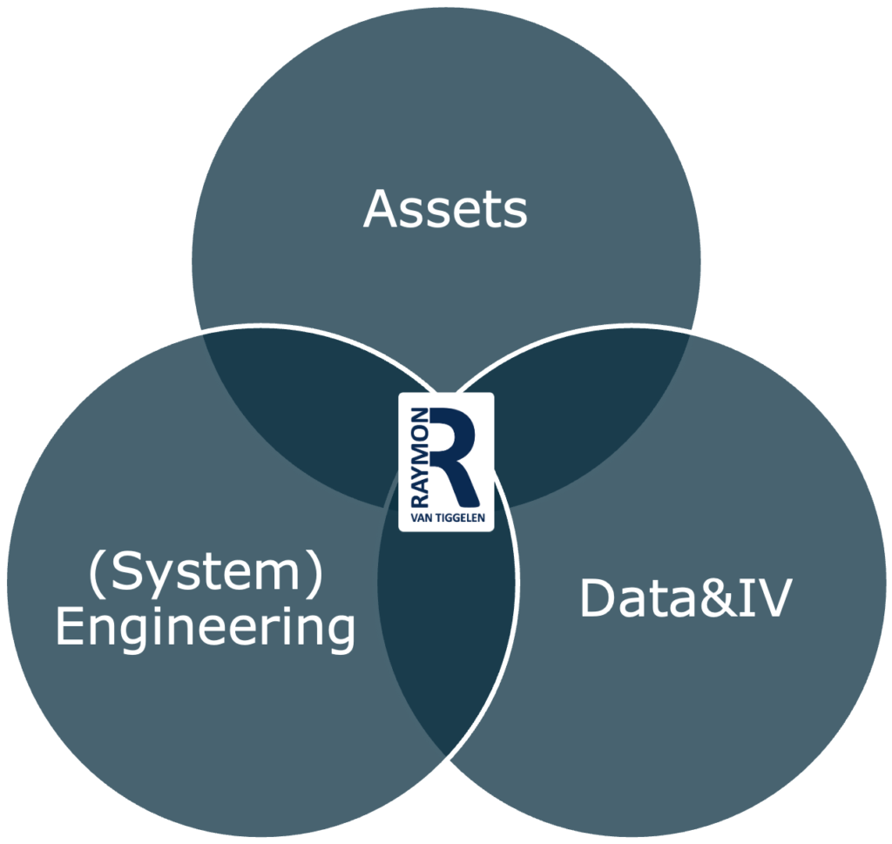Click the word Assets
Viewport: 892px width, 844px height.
coord(445,209)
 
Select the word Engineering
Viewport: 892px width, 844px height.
coord(206,629)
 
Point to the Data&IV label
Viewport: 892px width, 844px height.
coord(686,599)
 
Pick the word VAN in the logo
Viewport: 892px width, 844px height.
coord(420,519)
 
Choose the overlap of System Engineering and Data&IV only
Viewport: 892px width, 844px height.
coord(445,645)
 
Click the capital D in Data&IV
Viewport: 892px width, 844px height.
coord(598,599)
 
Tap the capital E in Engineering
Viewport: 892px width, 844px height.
coord(68,627)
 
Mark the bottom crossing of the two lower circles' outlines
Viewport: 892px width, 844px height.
coord(445,754)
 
